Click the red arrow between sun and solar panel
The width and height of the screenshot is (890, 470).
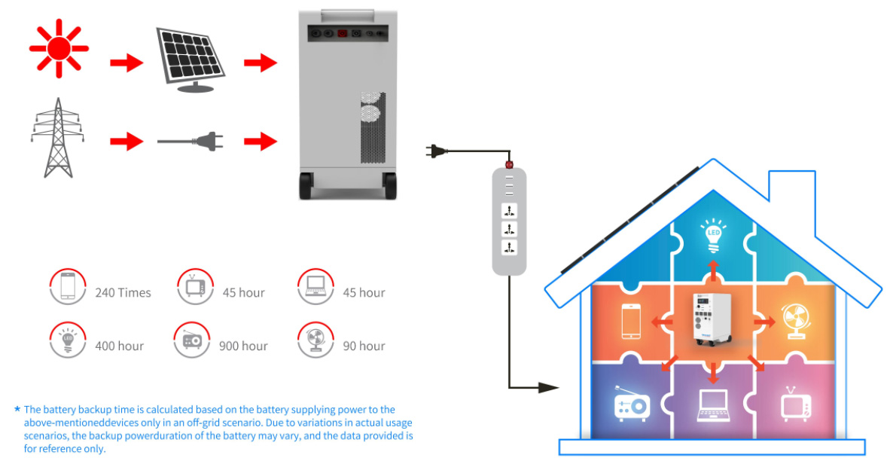126,63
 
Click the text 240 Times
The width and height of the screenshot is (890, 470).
123,292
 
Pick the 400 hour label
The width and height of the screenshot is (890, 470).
119,346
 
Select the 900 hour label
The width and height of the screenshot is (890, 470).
243,346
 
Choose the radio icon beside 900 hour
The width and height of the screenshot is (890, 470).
191,342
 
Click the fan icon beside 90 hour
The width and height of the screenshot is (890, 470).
315,340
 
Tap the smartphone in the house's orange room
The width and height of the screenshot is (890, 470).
630,322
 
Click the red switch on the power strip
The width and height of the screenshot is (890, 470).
508,163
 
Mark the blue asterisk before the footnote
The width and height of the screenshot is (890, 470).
17,409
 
